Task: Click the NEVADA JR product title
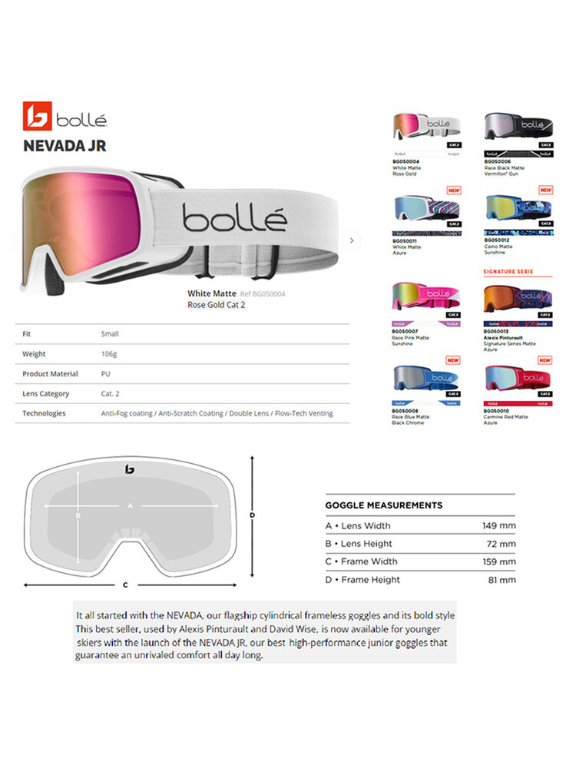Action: pyautogui.click(x=65, y=145)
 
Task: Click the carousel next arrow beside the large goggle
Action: pyautogui.click(x=351, y=240)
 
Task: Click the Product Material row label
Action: pyautogui.click(x=50, y=374)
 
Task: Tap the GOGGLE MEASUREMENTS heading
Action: pyautogui.click(x=383, y=505)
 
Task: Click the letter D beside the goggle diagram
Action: pyautogui.click(x=252, y=515)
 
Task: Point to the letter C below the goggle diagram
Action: pyautogui.click(x=125, y=584)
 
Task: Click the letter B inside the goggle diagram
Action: pyautogui.click(x=78, y=516)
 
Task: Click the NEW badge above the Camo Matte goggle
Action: pyautogui.click(x=545, y=190)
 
